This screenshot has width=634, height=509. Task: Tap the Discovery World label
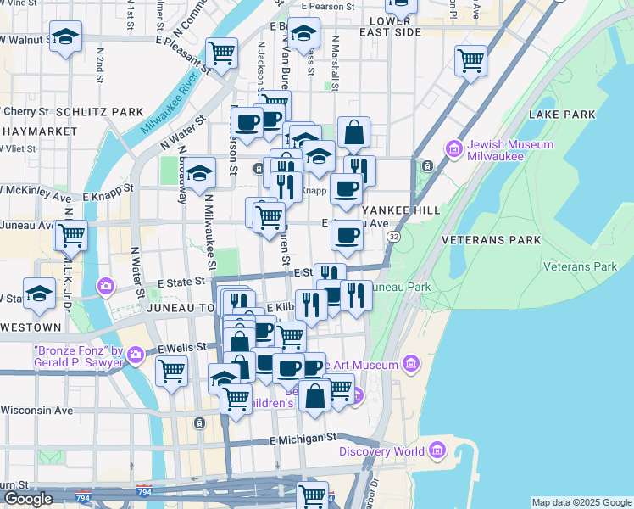click(x=381, y=451)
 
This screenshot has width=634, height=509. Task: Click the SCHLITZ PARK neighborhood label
click(x=99, y=112)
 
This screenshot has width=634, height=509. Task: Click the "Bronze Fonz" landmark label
click(x=78, y=356)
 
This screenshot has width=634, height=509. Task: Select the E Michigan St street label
click(x=303, y=439)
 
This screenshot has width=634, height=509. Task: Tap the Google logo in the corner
click(x=28, y=499)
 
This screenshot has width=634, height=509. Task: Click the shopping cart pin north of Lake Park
click(x=470, y=60)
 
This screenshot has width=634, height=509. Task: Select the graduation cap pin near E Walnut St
click(x=65, y=36)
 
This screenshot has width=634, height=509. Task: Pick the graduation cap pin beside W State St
click(x=39, y=294)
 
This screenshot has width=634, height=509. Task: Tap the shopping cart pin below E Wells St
click(x=171, y=370)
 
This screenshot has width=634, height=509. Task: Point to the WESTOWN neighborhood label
click(x=31, y=327)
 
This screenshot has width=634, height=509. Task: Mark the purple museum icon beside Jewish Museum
click(x=454, y=150)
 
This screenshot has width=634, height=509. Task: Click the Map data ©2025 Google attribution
click(x=581, y=502)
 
